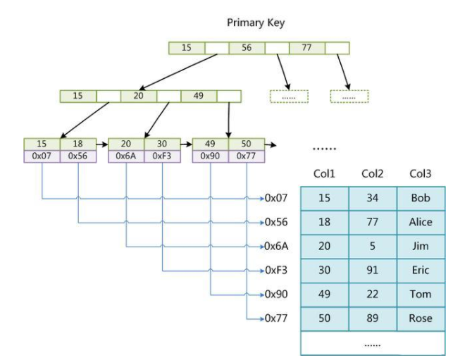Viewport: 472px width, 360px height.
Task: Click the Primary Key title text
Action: pyautogui.click(x=256, y=23)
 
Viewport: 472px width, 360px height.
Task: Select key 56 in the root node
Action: pyautogui.click(x=247, y=48)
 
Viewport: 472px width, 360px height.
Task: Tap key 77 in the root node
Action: pyautogui.click(x=306, y=48)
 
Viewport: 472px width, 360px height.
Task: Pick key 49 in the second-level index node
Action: pyautogui.click(x=198, y=96)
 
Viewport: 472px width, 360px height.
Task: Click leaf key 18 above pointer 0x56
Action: pyautogui.click(x=77, y=144)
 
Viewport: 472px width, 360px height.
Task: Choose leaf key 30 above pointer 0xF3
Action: pyautogui.click(x=162, y=144)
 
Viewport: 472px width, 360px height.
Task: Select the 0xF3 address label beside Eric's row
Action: pyautogui.click(x=275, y=271)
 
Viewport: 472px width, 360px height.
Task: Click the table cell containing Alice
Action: pyautogui.click(x=420, y=223)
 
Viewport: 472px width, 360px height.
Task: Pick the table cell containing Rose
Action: pyautogui.click(x=420, y=318)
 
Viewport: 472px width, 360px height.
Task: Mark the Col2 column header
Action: pyautogui.click(x=372, y=173)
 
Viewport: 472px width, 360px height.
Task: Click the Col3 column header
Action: pyautogui.click(x=420, y=173)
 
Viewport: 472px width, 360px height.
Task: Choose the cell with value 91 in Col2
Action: pyautogui.click(x=372, y=271)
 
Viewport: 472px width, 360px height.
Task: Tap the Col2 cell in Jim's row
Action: pyautogui.click(x=372, y=247)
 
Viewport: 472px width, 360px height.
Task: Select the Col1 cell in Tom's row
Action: pyautogui.click(x=324, y=294)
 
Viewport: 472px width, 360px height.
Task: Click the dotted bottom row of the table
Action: pyautogui.click(x=372, y=343)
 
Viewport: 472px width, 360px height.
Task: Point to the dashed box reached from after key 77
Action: pyautogui.click(x=350, y=97)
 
